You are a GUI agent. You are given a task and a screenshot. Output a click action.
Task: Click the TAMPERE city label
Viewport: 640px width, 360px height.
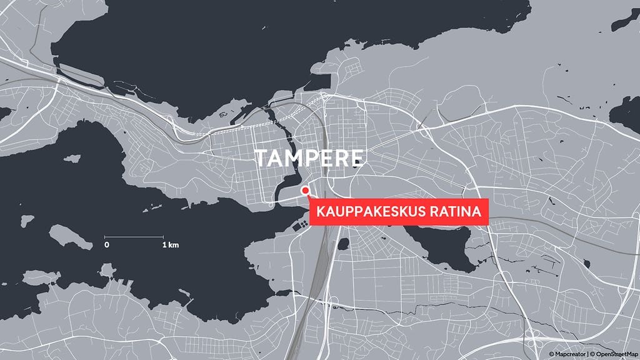309,158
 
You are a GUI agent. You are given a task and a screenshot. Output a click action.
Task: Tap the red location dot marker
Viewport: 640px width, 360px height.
305,190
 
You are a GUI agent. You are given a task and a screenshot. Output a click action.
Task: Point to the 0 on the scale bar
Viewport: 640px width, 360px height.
107,244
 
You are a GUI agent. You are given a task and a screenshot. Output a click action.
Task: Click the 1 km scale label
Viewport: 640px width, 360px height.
170,244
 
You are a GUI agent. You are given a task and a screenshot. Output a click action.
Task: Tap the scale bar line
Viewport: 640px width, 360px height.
135,236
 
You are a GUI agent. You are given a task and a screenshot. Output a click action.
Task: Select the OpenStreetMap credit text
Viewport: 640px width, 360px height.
612,354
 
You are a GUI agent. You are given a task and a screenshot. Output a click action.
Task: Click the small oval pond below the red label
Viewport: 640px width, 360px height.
342,243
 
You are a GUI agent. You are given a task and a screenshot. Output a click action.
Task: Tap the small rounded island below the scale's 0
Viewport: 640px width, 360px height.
107,270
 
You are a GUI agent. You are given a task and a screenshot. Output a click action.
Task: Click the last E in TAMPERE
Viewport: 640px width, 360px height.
355,158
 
